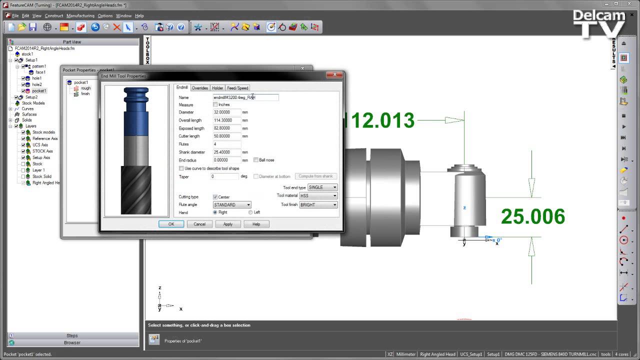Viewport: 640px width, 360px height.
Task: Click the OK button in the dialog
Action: click(171, 224)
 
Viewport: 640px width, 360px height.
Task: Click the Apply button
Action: click(227, 224)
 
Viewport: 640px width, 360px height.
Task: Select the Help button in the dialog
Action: click(256, 224)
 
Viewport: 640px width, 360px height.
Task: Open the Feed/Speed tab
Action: click(237, 88)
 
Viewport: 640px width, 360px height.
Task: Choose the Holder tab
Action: click(217, 88)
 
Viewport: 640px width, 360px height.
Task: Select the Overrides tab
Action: click(199, 88)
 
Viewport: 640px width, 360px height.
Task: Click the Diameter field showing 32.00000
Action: click(226, 112)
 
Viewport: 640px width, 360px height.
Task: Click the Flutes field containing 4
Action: click(226, 144)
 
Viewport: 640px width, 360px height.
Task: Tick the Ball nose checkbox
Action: click(256, 160)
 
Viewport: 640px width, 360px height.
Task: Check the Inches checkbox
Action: click(215, 104)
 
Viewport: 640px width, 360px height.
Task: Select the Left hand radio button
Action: click(250, 212)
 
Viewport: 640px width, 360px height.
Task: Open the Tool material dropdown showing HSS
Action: click(318, 196)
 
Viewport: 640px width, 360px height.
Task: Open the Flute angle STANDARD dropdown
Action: click(232, 204)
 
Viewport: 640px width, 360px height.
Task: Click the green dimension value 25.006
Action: click(532, 216)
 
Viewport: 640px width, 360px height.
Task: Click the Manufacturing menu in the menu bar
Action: click(80, 15)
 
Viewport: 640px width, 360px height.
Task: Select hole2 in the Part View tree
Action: click(37, 84)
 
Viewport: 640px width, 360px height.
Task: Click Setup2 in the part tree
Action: click(31, 97)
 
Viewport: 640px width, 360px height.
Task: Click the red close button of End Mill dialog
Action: click(334, 75)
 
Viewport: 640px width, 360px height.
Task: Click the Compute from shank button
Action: click(315, 176)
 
